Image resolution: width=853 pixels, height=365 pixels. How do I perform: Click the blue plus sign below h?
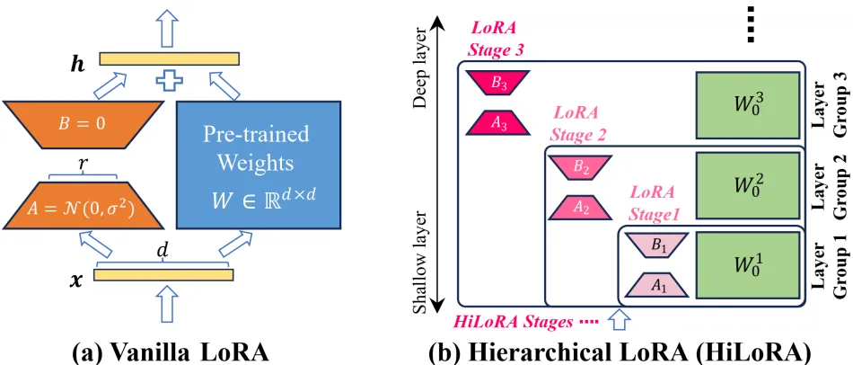(x=170, y=83)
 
